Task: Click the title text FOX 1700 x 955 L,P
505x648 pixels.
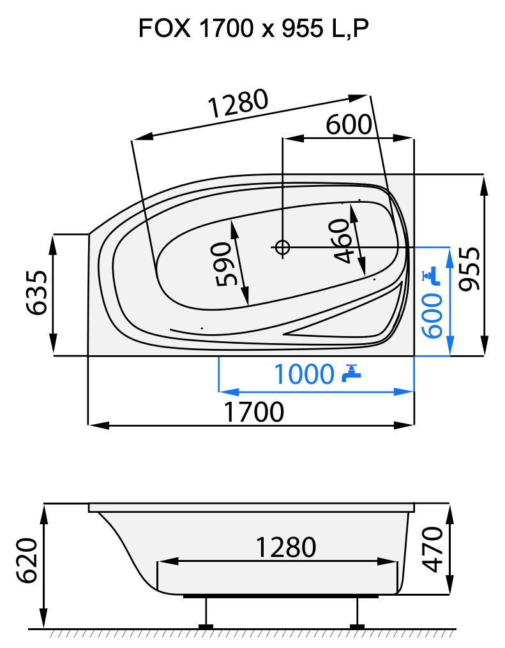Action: click(253, 29)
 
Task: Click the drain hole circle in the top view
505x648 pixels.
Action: click(282, 247)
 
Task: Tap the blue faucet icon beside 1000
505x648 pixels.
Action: click(350, 373)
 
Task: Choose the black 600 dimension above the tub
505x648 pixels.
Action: click(348, 125)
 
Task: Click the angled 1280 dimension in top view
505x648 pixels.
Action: click(237, 105)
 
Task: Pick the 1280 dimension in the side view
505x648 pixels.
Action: click(285, 547)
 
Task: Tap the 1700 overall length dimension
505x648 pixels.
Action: click(254, 413)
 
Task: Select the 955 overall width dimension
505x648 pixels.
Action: click(471, 268)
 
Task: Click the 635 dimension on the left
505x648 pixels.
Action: click(36, 293)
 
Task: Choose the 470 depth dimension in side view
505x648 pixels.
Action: click(434, 549)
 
